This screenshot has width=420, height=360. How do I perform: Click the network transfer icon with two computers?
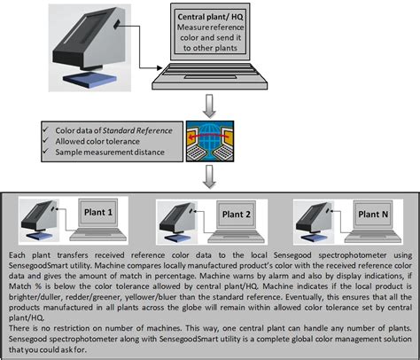[x=210, y=145]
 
